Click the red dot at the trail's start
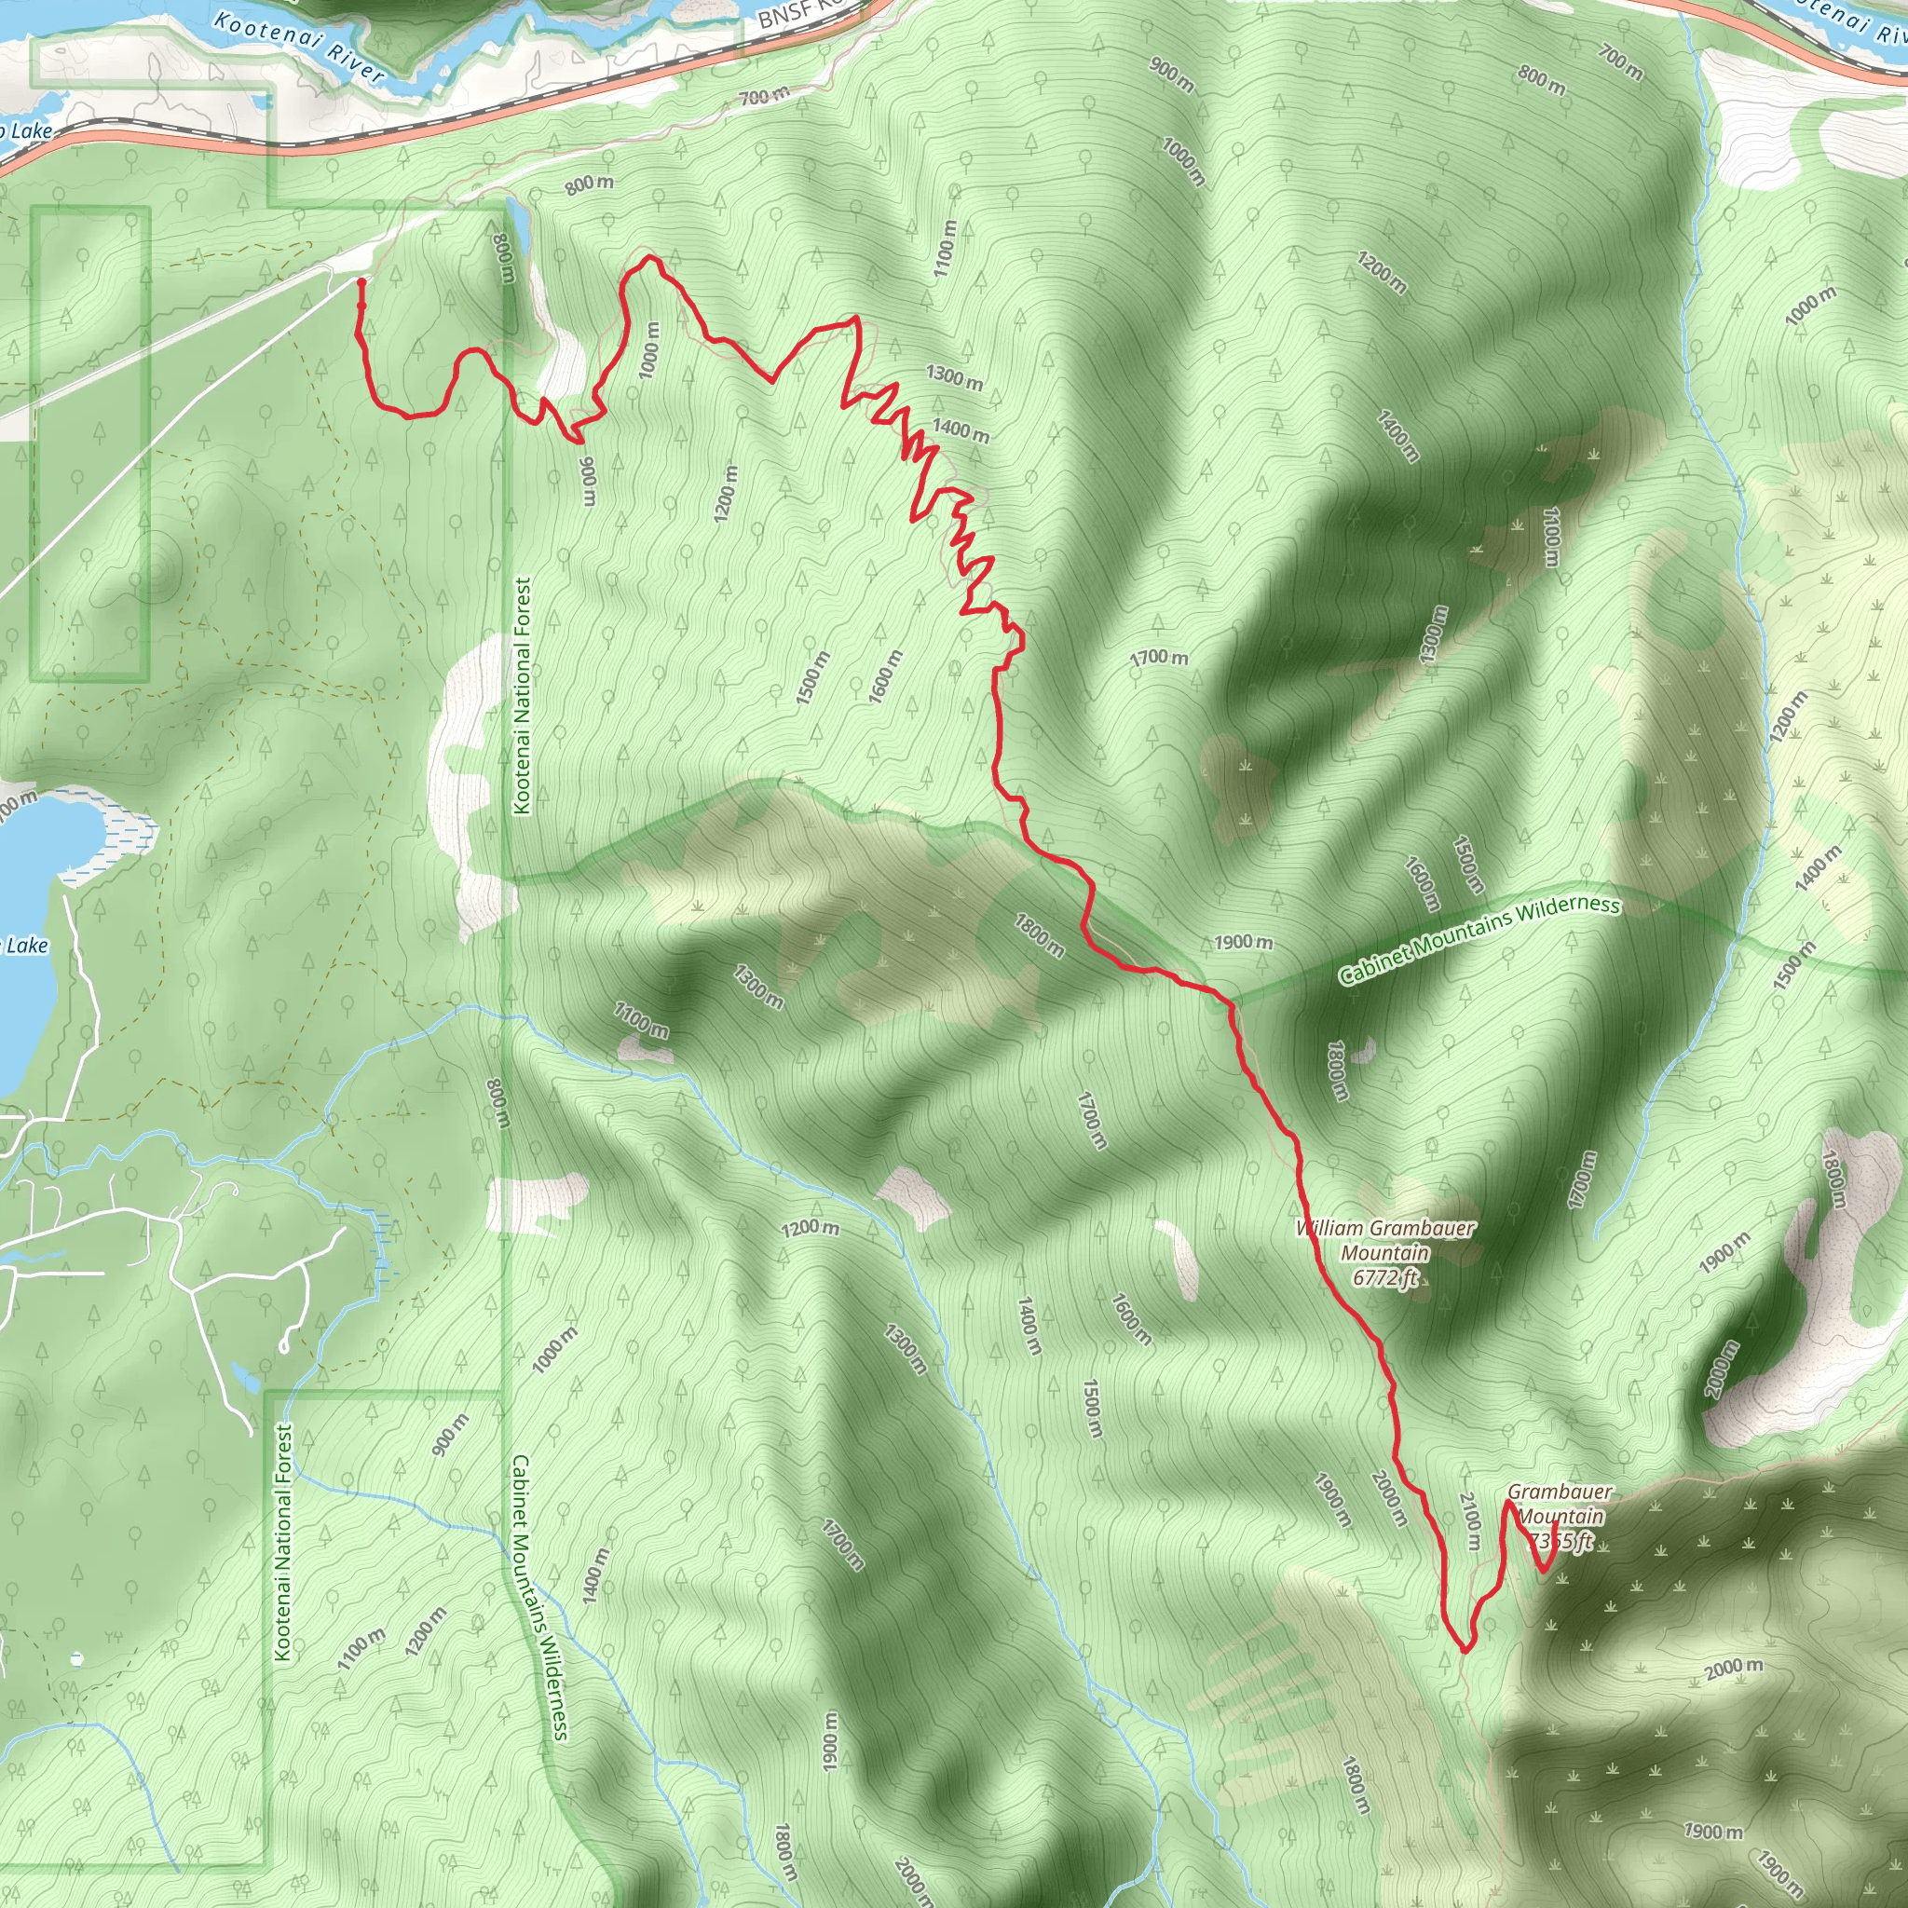(x=361, y=282)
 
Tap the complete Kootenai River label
(x=298, y=47)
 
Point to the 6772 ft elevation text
(x=1384, y=1277)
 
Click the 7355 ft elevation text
(x=1560, y=1541)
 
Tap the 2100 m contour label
(x=1470, y=1520)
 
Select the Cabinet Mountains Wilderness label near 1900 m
(x=1479, y=939)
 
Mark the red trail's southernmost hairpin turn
(x=1465, y=1648)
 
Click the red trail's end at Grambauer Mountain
(x=1557, y=1525)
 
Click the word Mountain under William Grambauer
(x=1384, y=1253)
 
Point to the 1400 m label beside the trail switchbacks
(x=960, y=430)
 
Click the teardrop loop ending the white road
(x=284, y=1344)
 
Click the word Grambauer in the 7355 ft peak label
(x=1560, y=1492)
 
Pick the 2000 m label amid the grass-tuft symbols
(x=1734, y=1668)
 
